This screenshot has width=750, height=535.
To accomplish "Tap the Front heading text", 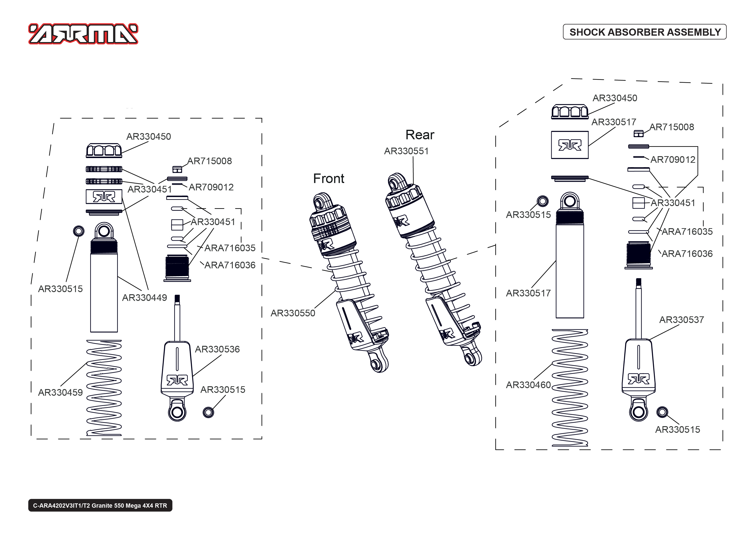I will (x=328, y=178).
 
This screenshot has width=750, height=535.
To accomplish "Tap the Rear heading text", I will (x=420, y=135).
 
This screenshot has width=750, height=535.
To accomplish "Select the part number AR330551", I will (x=406, y=151).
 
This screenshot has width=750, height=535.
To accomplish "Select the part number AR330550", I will (x=293, y=313).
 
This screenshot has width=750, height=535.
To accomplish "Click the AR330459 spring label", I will (x=60, y=392).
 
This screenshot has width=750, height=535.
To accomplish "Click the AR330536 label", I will (x=217, y=349).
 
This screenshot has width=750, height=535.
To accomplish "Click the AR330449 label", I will (x=144, y=298).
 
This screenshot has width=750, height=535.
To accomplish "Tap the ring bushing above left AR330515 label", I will (x=79, y=231).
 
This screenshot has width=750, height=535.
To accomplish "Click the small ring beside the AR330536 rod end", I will (x=208, y=412).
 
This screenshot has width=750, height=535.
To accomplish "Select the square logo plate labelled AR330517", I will (x=570, y=145).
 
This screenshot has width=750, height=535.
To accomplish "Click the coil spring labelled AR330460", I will (x=570, y=387).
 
